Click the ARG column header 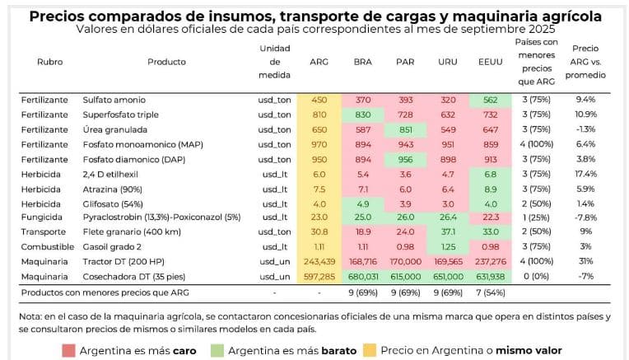pyautogui.click(x=319, y=62)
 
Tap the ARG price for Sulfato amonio pyautogui.click(x=319, y=99)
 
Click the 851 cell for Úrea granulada pyautogui.click(x=405, y=130)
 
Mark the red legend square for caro pyautogui.click(x=68, y=350)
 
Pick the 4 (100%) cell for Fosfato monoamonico pyautogui.click(x=536, y=144)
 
